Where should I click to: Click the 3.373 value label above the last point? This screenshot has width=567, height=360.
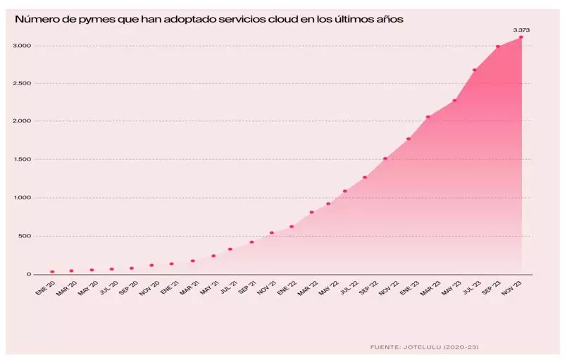[x=521, y=30]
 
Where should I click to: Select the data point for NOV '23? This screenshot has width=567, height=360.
[x=521, y=37]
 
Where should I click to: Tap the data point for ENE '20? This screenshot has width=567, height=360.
[x=52, y=272]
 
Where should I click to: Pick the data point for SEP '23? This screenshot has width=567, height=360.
[x=498, y=46]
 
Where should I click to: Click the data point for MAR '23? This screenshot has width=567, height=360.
[x=428, y=117]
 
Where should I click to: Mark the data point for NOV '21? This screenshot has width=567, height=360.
[x=272, y=232]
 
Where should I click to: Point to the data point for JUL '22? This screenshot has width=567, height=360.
[x=345, y=191]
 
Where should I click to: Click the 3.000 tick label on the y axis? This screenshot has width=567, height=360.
[x=22, y=46]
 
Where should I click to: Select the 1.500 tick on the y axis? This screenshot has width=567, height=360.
[x=22, y=159]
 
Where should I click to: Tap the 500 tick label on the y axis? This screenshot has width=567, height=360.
[x=25, y=236]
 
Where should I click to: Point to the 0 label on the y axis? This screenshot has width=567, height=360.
[x=29, y=274]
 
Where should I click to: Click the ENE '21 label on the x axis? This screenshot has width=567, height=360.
[x=169, y=287]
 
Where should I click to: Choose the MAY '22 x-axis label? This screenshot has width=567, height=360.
[x=328, y=287]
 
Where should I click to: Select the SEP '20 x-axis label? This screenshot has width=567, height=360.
[x=129, y=287]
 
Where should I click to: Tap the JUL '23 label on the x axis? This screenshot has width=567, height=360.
[x=472, y=287]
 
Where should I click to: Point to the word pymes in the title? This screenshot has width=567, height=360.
[x=97, y=20]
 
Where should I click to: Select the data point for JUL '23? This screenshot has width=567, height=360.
[x=475, y=70]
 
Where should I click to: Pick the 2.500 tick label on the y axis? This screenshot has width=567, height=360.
[x=22, y=83]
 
